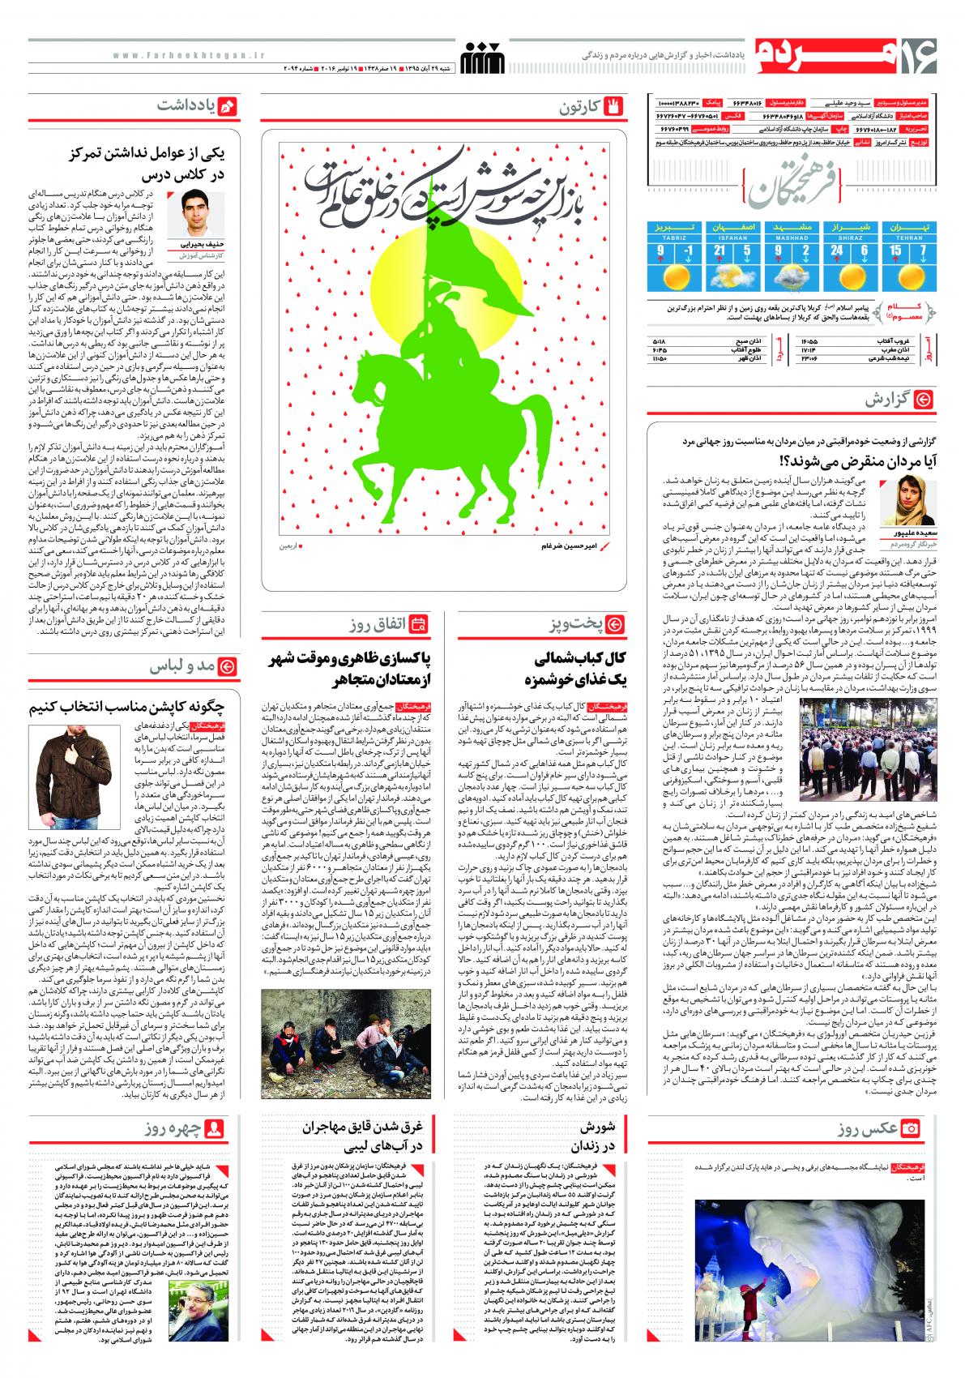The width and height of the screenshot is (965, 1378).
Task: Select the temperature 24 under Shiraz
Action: pyautogui.click(x=838, y=251)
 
